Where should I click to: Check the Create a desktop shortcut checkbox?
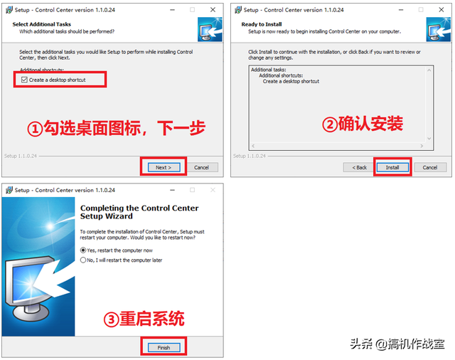24,80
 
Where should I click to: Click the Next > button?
163,167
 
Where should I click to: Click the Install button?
392,167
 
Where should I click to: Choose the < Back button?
358,167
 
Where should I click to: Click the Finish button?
164,348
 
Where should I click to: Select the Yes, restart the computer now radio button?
83,250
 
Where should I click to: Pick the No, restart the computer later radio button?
83,260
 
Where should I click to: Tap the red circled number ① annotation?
35,128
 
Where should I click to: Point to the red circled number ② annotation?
329,125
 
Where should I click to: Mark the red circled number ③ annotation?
111,319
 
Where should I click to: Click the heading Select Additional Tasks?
41,24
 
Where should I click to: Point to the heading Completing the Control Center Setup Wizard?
139,212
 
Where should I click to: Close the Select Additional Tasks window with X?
213,9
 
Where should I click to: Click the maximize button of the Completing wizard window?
192,190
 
